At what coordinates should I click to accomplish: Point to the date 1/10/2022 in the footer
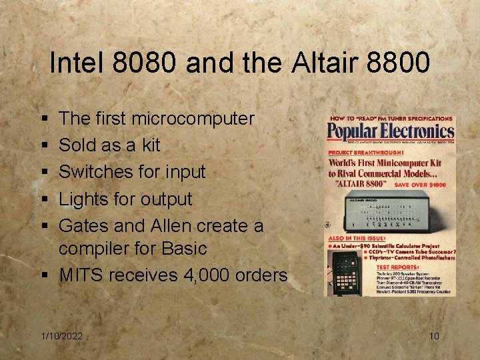(x=61, y=336)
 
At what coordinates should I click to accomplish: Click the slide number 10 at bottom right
(x=434, y=336)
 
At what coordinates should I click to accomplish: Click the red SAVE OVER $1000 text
(x=425, y=184)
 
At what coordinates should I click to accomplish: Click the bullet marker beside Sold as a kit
(x=43, y=145)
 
